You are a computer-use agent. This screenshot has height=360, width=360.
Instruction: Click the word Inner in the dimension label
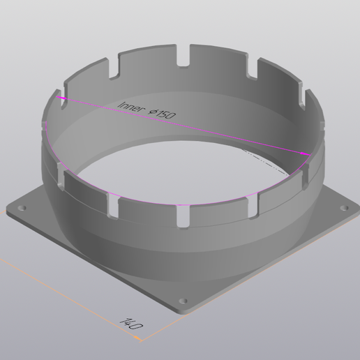(x=130, y=106)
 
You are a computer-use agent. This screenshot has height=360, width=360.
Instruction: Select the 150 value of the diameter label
(x=166, y=114)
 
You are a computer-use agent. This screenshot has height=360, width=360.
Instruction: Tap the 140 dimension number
(x=132, y=324)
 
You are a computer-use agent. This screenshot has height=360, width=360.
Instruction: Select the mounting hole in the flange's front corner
(x=183, y=301)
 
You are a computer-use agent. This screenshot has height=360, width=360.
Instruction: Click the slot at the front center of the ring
(x=182, y=214)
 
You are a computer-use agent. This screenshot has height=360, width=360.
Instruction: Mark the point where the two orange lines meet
(x=142, y=341)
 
